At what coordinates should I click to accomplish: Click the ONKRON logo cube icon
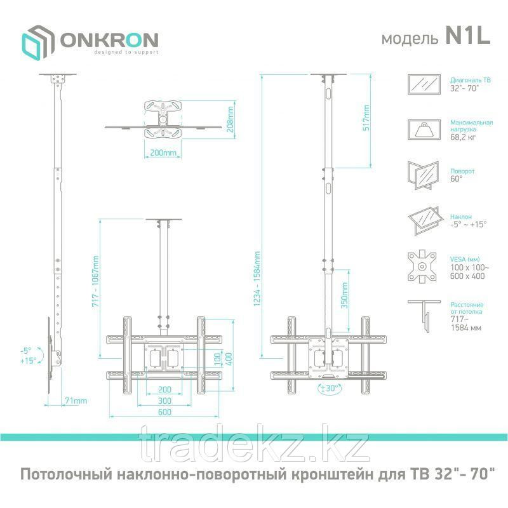point(37,42)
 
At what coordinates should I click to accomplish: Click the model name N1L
point(468,36)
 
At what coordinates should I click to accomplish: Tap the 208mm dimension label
point(231,119)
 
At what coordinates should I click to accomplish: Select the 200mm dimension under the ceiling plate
point(163,152)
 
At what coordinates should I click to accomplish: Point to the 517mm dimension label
point(366,117)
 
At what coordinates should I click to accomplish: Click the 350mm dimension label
point(344,295)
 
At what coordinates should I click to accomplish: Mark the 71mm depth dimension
point(76,401)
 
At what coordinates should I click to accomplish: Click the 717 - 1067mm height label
point(96,281)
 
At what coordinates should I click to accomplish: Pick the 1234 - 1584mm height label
point(257,279)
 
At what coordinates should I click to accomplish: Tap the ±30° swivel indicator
point(329,388)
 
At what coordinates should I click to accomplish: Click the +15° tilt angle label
point(28,361)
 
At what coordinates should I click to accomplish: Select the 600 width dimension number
point(164,412)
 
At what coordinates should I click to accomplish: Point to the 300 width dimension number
point(164,401)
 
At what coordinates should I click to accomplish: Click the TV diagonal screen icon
point(424,84)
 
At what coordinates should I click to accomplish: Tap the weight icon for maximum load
point(424,130)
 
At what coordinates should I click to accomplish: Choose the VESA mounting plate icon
point(422,267)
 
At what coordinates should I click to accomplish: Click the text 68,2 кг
point(463,137)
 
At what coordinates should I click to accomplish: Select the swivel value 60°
point(457,178)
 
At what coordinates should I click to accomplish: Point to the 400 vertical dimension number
point(229,359)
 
